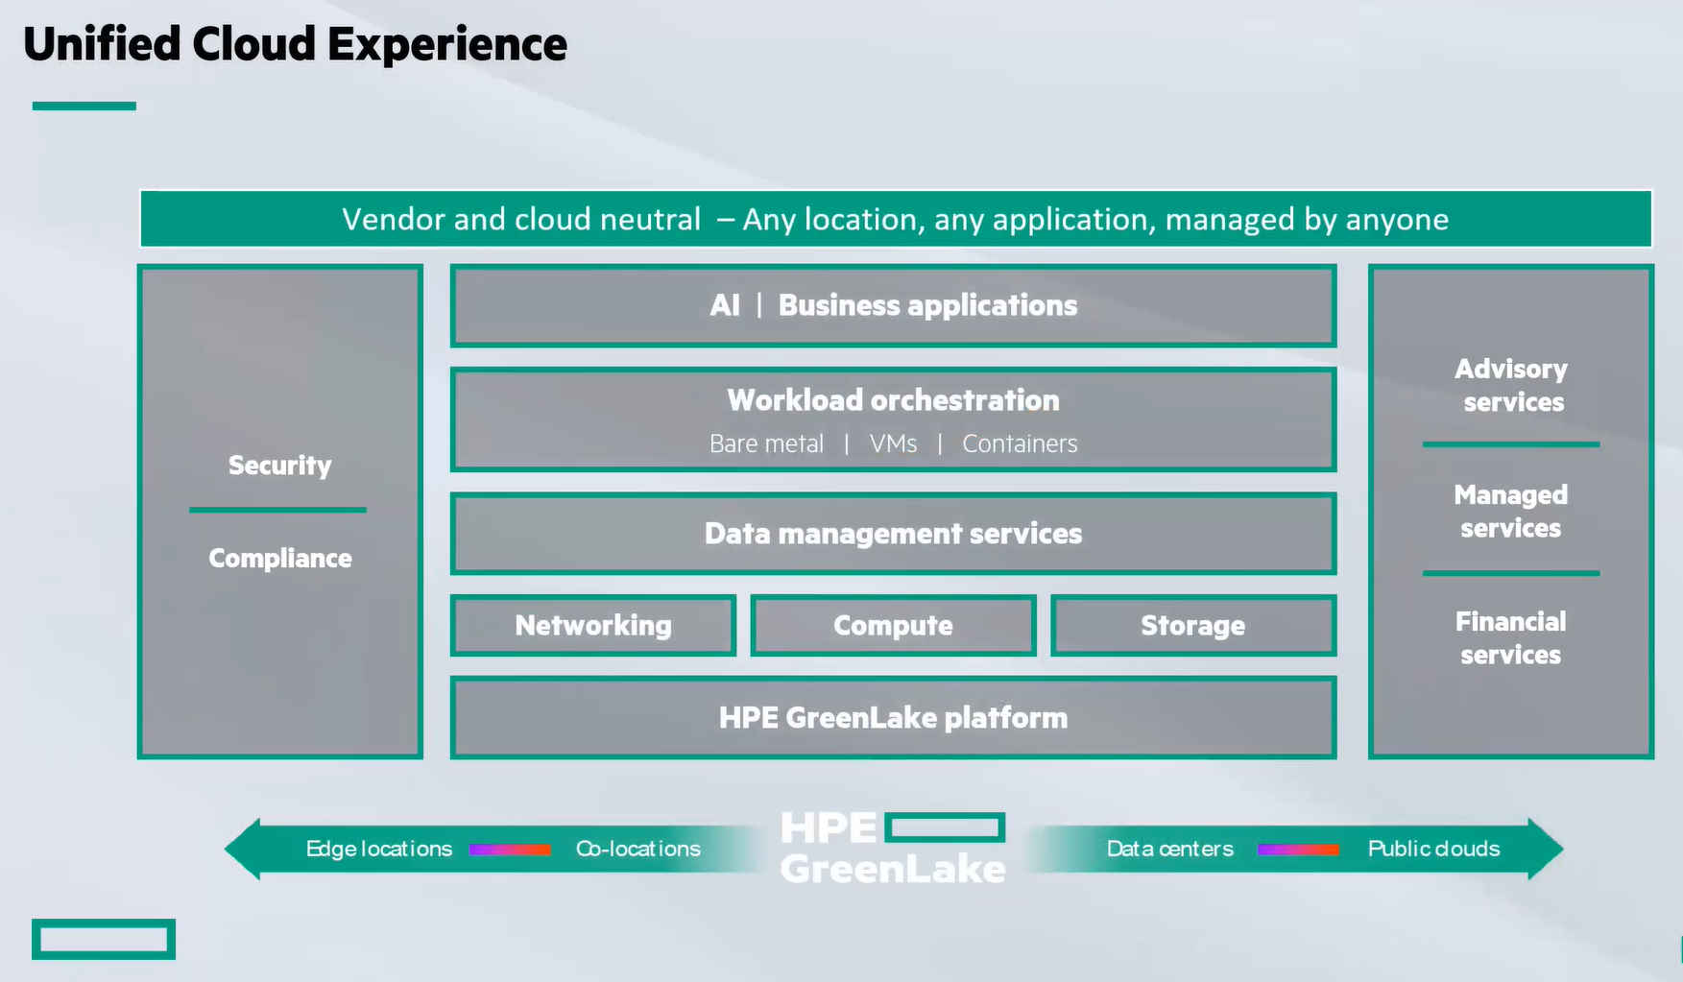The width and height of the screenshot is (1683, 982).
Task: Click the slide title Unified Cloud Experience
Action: [x=295, y=45]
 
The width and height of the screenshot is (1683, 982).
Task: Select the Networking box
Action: [x=593, y=626]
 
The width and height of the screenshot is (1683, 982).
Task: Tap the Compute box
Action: [x=893, y=626]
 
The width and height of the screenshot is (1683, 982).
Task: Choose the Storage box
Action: [x=1193, y=626]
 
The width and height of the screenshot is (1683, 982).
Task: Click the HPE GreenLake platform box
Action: [x=893, y=718]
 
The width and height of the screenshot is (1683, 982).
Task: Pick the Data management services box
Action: [x=893, y=534]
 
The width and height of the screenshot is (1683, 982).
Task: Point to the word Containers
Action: [x=1020, y=443]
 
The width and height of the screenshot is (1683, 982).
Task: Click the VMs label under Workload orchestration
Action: [x=893, y=443]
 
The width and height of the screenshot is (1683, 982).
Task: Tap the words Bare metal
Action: [x=766, y=443]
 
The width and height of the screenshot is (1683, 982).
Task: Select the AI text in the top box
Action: [x=725, y=305]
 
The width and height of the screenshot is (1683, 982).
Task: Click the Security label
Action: [x=279, y=466]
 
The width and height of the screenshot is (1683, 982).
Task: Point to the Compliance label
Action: [x=280, y=559]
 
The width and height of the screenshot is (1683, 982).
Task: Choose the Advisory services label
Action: [x=1511, y=386]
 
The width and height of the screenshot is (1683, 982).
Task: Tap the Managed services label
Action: [x=1511, y=512]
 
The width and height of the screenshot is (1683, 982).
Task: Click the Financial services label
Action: [x=1511, y=638]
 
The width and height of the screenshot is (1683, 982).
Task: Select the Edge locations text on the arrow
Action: [x=379, y=849]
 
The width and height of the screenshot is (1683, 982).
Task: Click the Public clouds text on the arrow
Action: [x=1434, y=849]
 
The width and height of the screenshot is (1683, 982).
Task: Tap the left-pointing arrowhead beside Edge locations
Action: [x=243, y=849]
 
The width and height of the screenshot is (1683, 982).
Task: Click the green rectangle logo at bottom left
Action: [x=104, y=940]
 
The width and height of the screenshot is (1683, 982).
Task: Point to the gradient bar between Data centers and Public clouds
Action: [x=1298, y=850]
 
